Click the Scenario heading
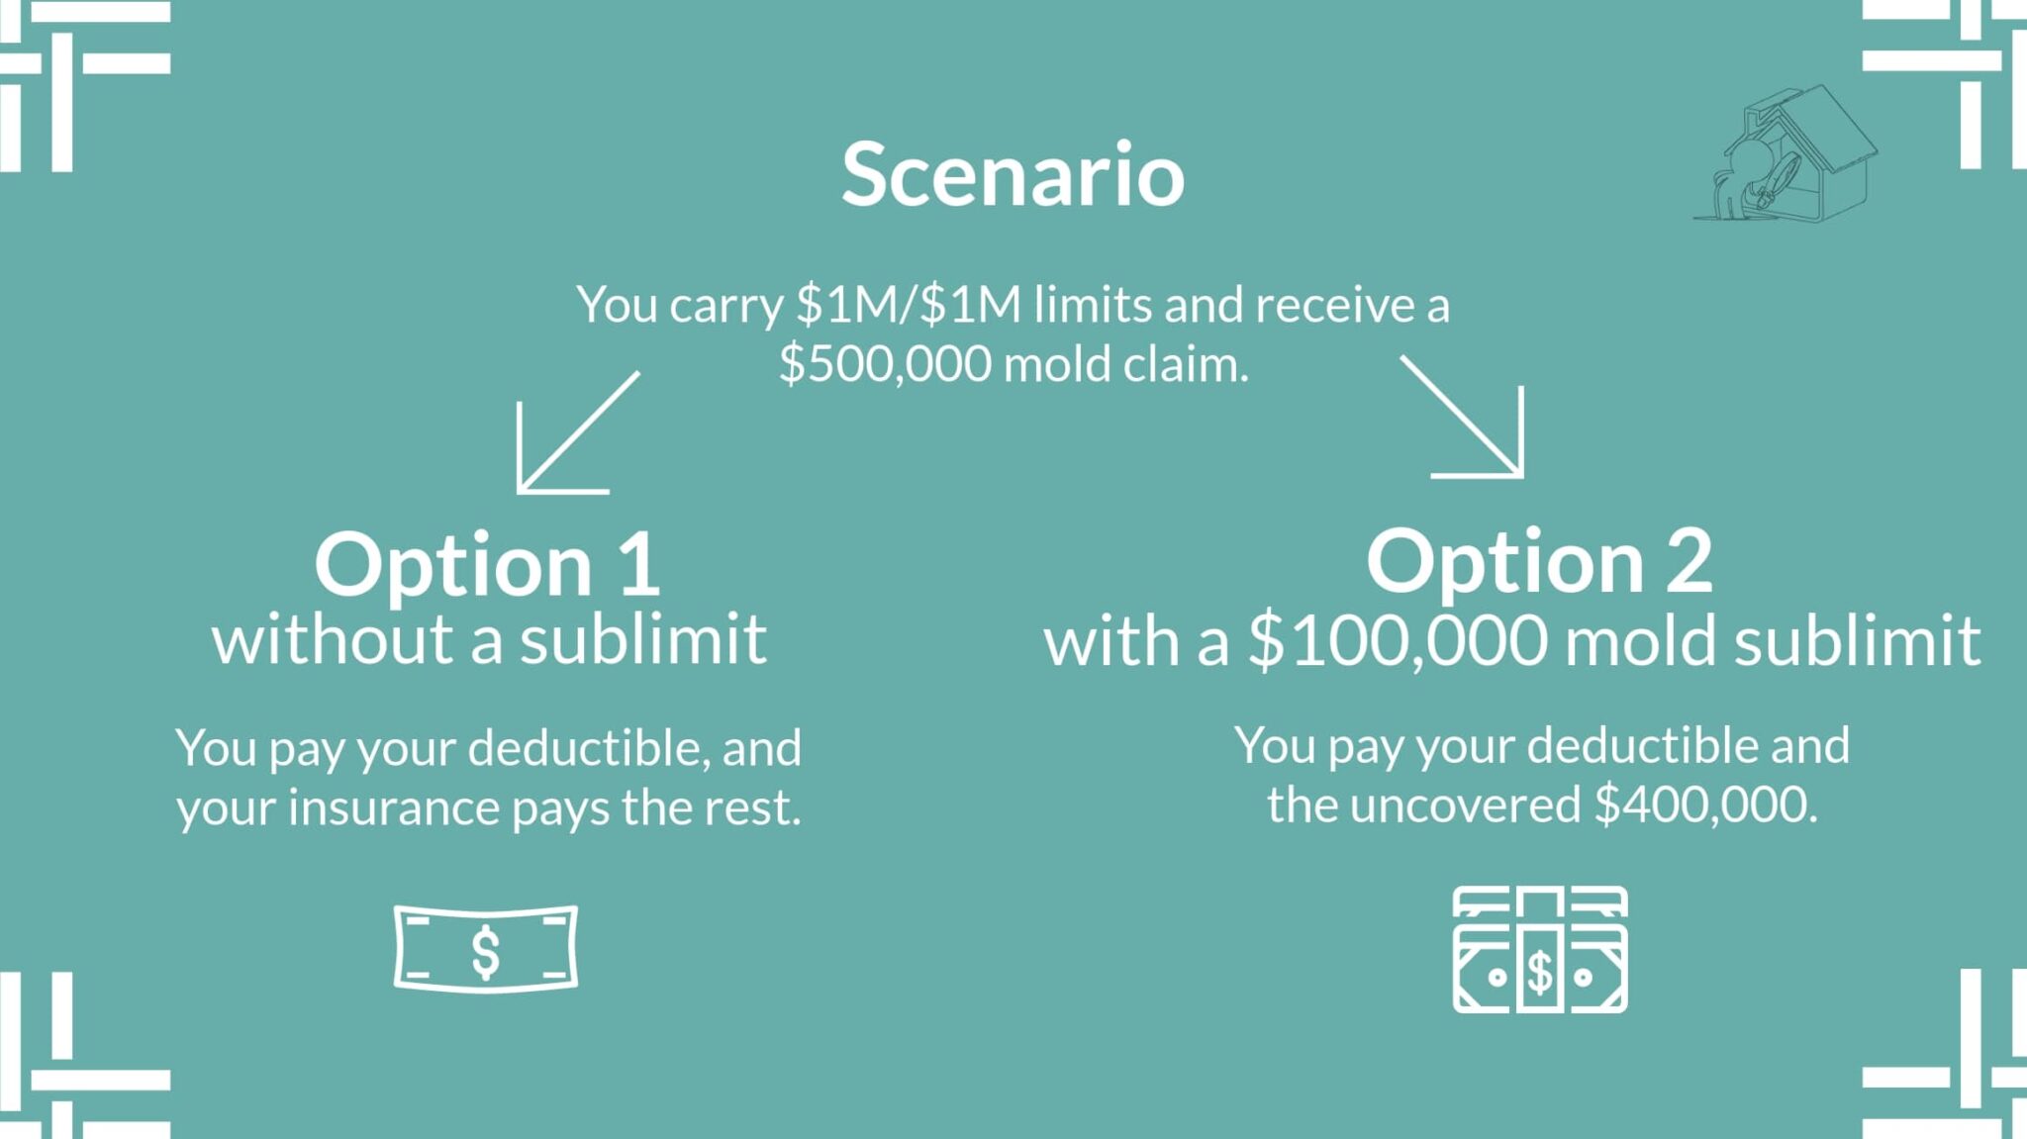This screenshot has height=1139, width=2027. (1013, 174)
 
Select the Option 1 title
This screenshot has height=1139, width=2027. (487, 564)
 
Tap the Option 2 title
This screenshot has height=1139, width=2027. (1539, 562)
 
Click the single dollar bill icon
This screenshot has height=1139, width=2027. (485, 948)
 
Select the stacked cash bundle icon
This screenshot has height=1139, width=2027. (1540, 949)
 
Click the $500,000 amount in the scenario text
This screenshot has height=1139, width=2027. (885, 364)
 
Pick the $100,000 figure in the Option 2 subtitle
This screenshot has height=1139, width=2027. (1398, 641)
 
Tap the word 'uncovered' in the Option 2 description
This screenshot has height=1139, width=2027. (1465, 805)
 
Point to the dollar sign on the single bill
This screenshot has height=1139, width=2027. (485, 952)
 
